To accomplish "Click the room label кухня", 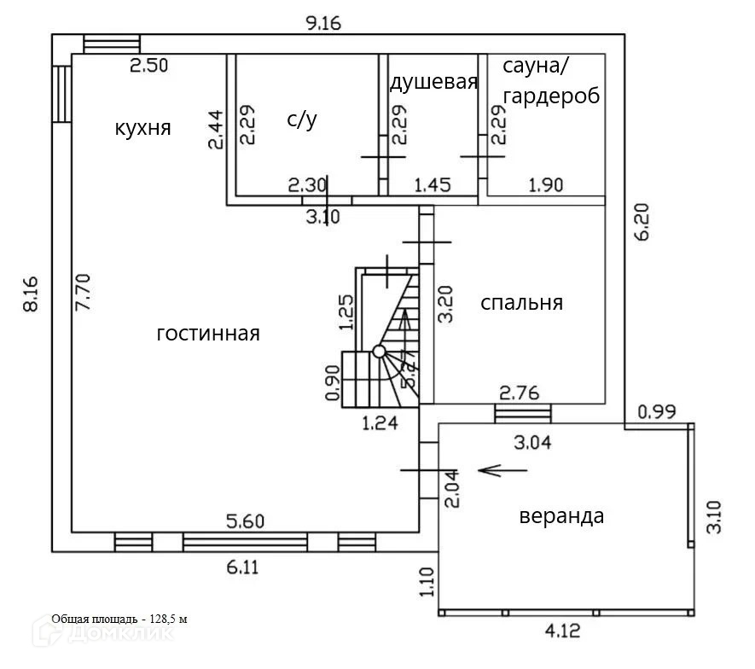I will (143, 129).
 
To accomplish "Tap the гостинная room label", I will (208, 334).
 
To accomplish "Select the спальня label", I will (521, 303).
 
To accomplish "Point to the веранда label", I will (561, 516).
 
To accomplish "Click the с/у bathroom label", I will (302, 120).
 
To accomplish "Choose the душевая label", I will (433, 82).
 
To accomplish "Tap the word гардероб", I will (551, 96).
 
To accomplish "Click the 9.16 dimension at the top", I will (323, 23).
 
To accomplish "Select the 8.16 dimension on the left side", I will (31, 294).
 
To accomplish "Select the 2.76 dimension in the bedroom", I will (519, 393).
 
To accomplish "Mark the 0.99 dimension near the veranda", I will (657, 412).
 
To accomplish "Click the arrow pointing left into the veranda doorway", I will (491, 469).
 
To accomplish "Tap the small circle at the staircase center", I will (379, 351).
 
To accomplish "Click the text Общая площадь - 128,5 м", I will (119, 619).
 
